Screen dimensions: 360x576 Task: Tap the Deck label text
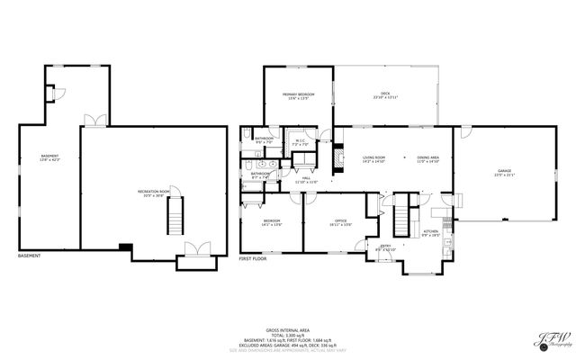coord(384,94)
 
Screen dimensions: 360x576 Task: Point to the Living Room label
coord(373,159)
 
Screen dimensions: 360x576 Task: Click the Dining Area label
coord(427,159)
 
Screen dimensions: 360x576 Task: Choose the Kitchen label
coord(430,232)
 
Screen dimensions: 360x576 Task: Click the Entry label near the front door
coord(385,247)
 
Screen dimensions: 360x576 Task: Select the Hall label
coord(306,180)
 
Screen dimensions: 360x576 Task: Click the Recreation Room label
coord(150,193)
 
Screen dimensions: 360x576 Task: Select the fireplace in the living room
coord(338,159)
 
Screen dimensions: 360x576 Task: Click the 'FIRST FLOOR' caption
coord(253,258)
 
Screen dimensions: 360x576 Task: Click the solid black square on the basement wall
coord(125,247)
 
